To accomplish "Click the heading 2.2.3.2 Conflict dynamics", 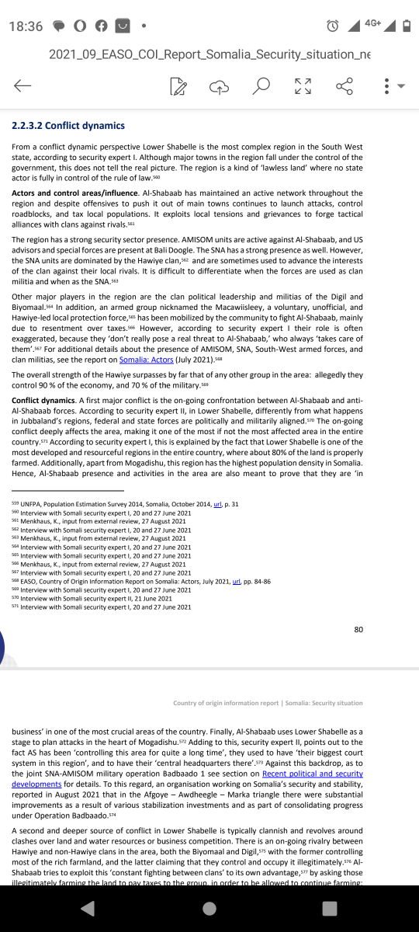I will [x=68, y=125].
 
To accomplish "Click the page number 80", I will [x=358, y=629].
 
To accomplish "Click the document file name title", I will [x=209, y=54].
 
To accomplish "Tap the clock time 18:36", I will [x=26, y=26].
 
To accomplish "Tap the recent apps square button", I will [x=330, y=908].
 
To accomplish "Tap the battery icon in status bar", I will [x=407, y=26].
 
